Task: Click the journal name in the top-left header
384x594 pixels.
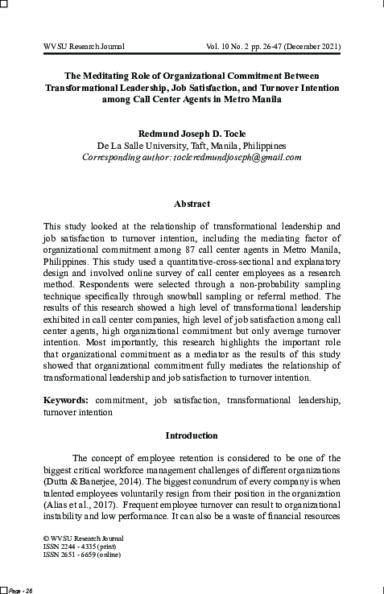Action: click(84, 47)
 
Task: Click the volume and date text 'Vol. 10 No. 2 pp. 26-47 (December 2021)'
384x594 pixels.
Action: click(273, 47)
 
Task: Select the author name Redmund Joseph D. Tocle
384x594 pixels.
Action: click(192, 133)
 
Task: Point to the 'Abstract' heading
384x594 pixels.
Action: click(192, 204)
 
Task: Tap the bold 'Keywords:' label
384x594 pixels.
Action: click(67, 398)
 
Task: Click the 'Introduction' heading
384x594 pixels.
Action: click(192, 435)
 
